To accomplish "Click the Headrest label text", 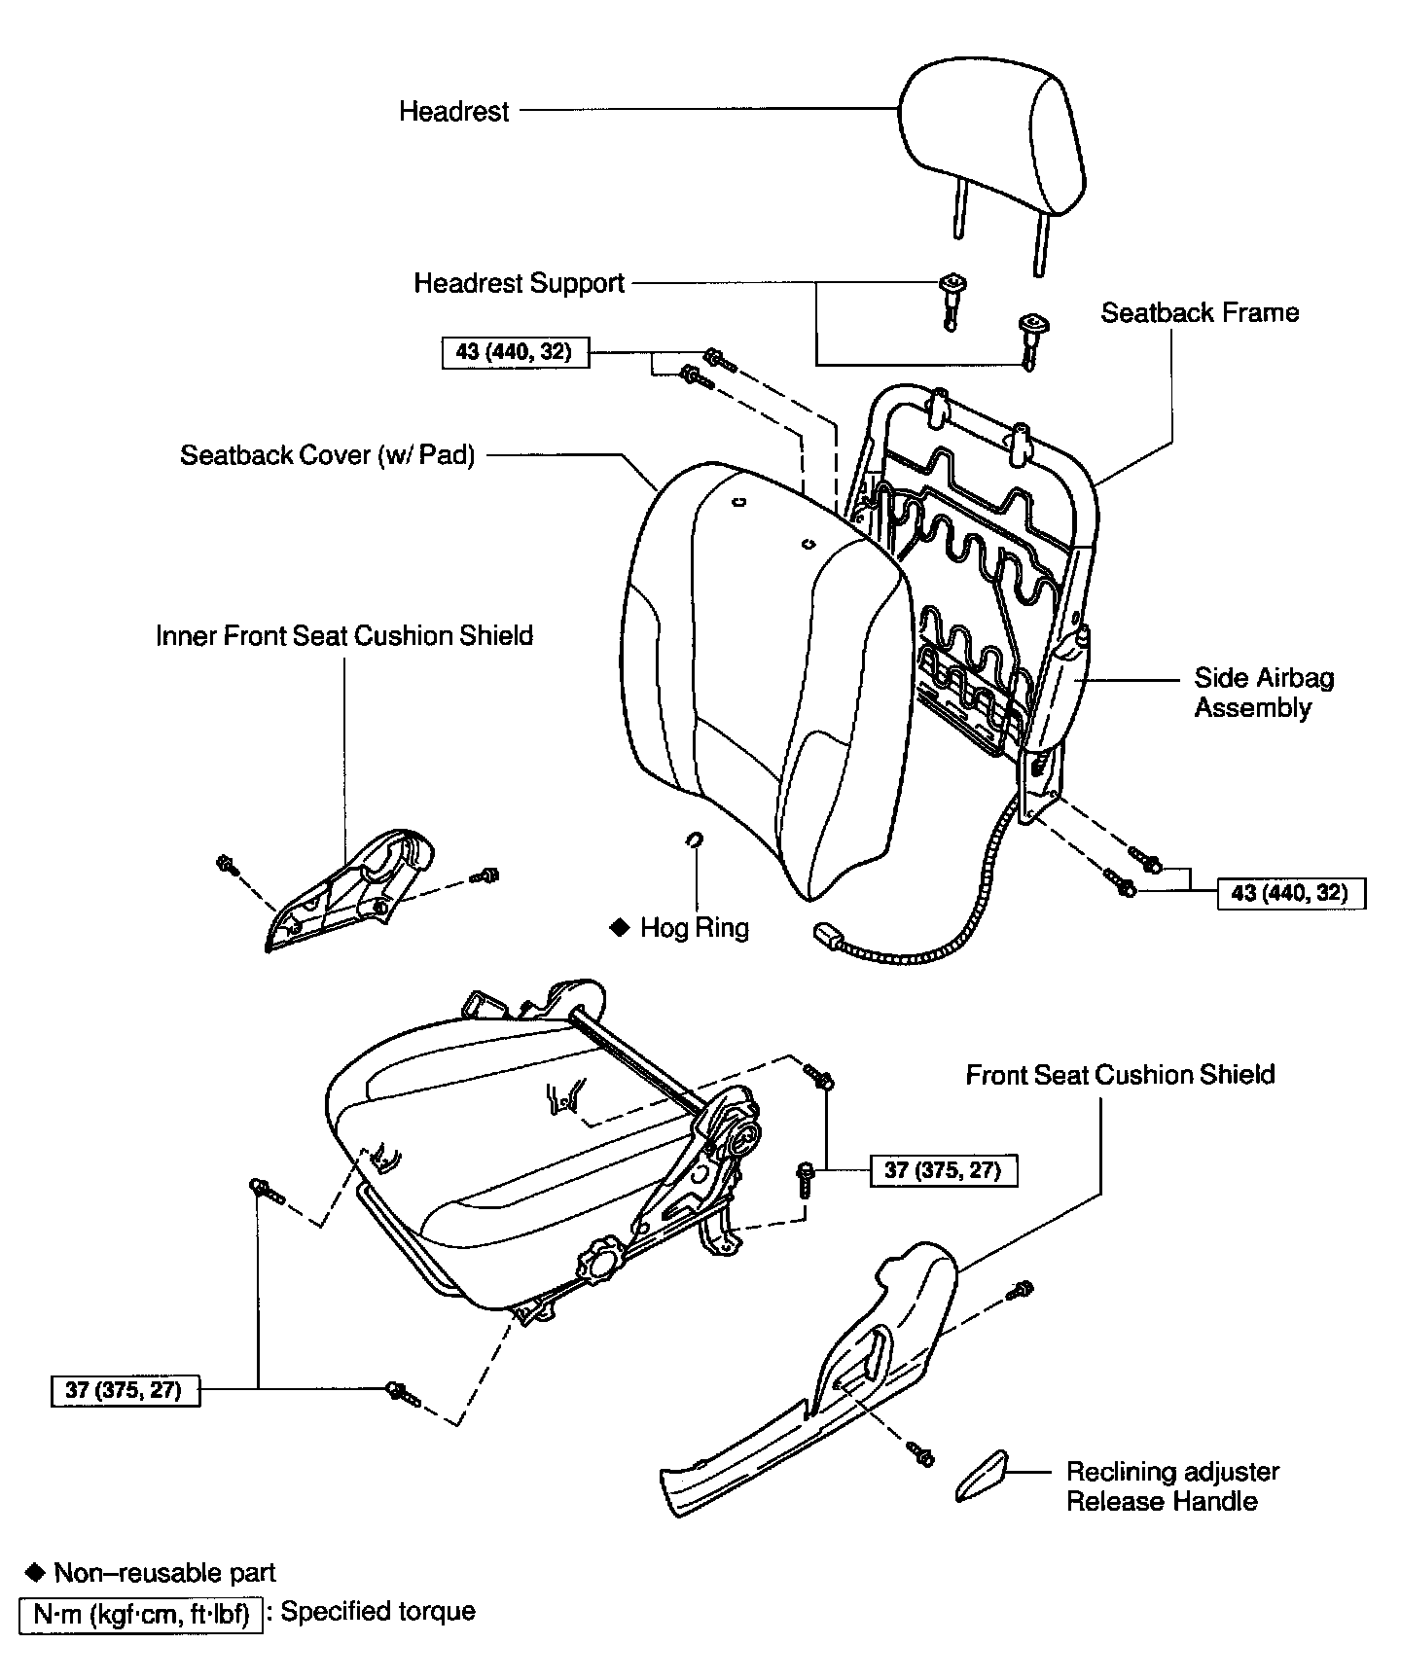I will point(453,111).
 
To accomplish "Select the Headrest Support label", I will point(519,283).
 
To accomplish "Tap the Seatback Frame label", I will point(1200,312).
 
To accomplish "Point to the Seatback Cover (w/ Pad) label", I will point(327,455).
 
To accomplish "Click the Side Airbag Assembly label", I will point(1263,693).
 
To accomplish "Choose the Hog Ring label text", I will point(694,928).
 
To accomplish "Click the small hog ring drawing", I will point(695,839).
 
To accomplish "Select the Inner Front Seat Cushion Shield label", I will point(344,636).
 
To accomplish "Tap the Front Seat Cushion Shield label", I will point(1120,1075).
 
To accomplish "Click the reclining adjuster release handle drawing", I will point(982,1477).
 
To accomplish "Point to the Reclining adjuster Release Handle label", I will point(1172,1485).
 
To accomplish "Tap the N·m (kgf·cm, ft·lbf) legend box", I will point(141,1616).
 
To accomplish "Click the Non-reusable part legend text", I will point(164,1573).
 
